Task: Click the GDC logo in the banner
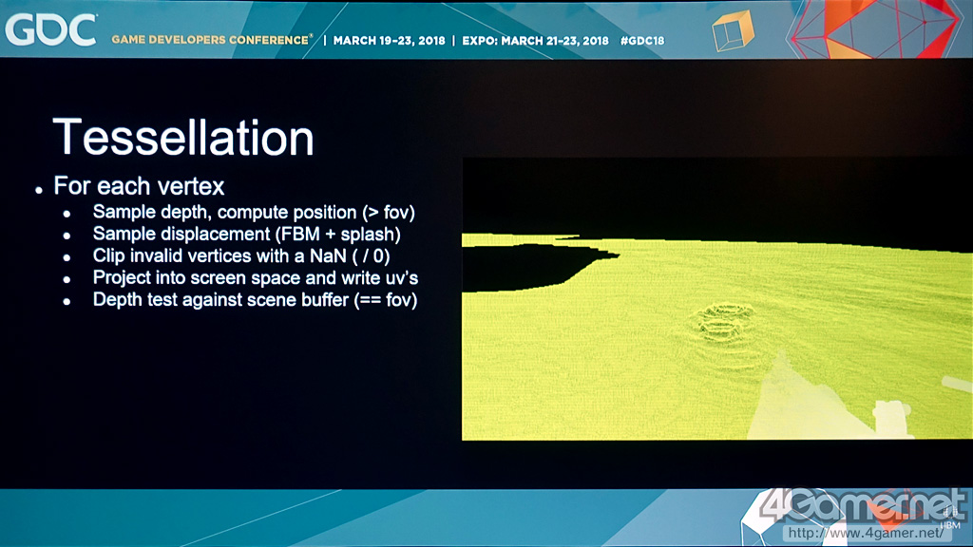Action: (x=51, y=29)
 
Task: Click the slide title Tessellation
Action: (x=183, y=137)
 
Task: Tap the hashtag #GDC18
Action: (x=642, y=40)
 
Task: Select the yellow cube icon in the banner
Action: (x=733, y=31)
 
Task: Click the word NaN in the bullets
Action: (x=328, y=255)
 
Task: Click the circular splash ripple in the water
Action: (x=722, y=323)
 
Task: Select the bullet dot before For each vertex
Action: (x=39, y=190)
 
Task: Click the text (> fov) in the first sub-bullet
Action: (x=389, y=212)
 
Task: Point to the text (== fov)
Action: (x=386, y=300)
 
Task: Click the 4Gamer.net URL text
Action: (x=866, y=533)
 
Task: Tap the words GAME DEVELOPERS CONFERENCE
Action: (x=210, y=40)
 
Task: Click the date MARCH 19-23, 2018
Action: (x=389, y=40)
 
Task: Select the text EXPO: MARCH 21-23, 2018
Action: (x=536, y=40)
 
